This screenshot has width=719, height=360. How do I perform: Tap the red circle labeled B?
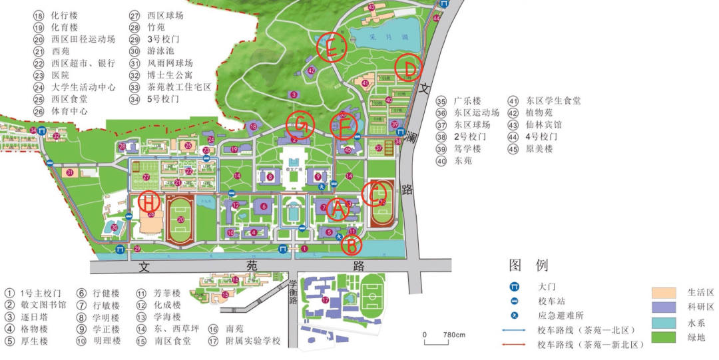pos(352,245)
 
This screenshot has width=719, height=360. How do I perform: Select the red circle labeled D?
pos(409,68)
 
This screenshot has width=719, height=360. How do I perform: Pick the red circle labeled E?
pos(331,48)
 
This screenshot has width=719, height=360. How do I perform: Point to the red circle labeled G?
pos(300,124)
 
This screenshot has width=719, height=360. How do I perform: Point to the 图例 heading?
pos(529,265)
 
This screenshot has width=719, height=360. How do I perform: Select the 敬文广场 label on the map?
pos(294,170)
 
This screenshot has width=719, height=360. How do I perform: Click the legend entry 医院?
pos(61,75)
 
